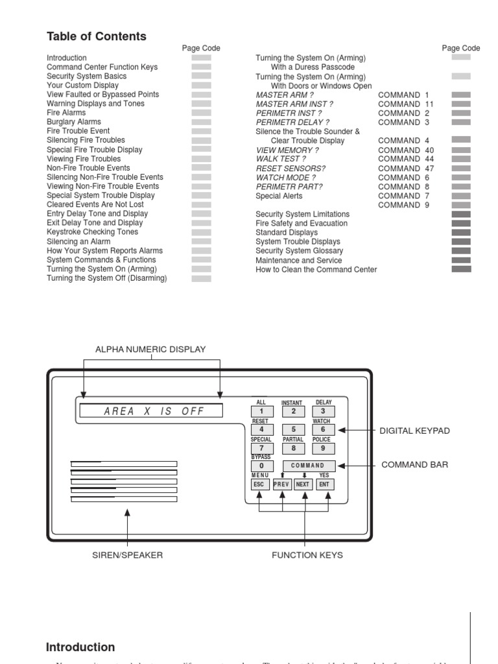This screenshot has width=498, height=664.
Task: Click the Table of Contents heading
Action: [x=97, y=36]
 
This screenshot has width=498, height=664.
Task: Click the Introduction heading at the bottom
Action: [x=80, y=647]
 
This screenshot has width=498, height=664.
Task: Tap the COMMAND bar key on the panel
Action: [x=309, y=466]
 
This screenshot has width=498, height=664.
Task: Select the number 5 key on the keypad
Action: [x=293, y=429]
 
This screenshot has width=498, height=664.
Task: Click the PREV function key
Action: [x=282, y=484]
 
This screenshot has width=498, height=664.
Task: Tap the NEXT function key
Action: [x=303, y=484]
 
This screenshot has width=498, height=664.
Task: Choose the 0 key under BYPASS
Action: [x=261, y=466]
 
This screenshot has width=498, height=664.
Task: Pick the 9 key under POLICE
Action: [x=324, y=447]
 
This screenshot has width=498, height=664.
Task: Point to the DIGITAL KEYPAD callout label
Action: [x=414, y=431]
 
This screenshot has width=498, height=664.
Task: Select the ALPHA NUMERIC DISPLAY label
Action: [x=150, y=350]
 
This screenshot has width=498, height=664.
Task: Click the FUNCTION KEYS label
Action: [x=307, y=555]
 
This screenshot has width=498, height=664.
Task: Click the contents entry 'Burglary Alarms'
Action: [x=74, y=122]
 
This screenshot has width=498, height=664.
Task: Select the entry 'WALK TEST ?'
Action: [x=281, y=159]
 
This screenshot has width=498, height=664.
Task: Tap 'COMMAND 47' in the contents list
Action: [x=406, y=169]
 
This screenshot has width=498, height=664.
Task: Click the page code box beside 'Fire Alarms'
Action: [x=201, y=113]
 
